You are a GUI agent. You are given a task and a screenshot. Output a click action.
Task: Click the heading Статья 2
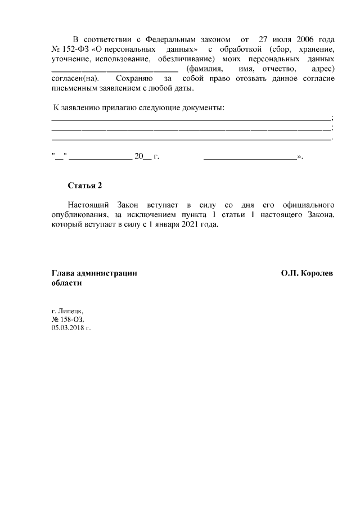coord(85,184)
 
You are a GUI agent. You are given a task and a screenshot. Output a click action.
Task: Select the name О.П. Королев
coord(307,273)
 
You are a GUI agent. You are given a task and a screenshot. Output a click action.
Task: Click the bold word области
coord(66,283)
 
